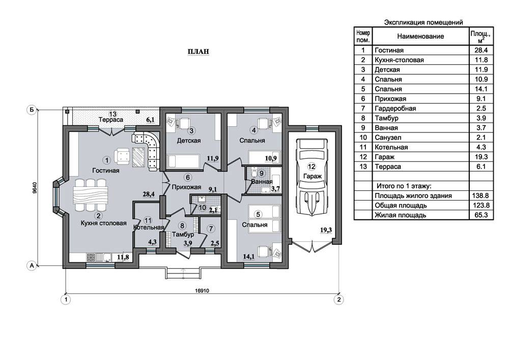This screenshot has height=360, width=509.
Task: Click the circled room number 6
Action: point(188,178)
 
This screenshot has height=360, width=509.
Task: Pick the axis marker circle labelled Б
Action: point(32,109)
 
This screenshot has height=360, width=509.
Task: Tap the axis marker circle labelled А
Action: point(32,265)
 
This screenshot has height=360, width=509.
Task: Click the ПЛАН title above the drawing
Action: point(198,51)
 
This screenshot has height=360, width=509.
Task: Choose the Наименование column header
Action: point(420,36)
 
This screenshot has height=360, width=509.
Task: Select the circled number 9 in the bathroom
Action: point(261,173)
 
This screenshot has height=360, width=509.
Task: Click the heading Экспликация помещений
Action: point(423,22)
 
